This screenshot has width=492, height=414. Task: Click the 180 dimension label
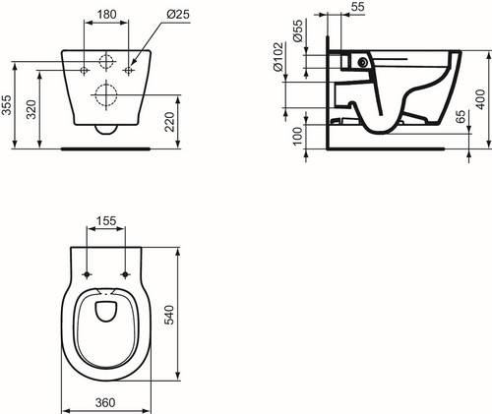pos(107,14)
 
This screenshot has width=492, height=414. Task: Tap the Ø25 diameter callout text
pos(178,14)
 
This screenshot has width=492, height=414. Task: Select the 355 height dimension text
pos(7,105)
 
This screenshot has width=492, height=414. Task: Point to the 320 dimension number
pos(31,110)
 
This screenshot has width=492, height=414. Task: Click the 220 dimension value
pos(169,122)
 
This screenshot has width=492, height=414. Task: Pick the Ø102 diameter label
pos(278,57)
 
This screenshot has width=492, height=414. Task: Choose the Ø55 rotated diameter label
pos(298,31)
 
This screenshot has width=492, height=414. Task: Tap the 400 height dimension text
pos(480,99)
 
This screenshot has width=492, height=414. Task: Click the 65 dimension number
pos(461,117)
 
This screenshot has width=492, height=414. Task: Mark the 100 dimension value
pos(297,137)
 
